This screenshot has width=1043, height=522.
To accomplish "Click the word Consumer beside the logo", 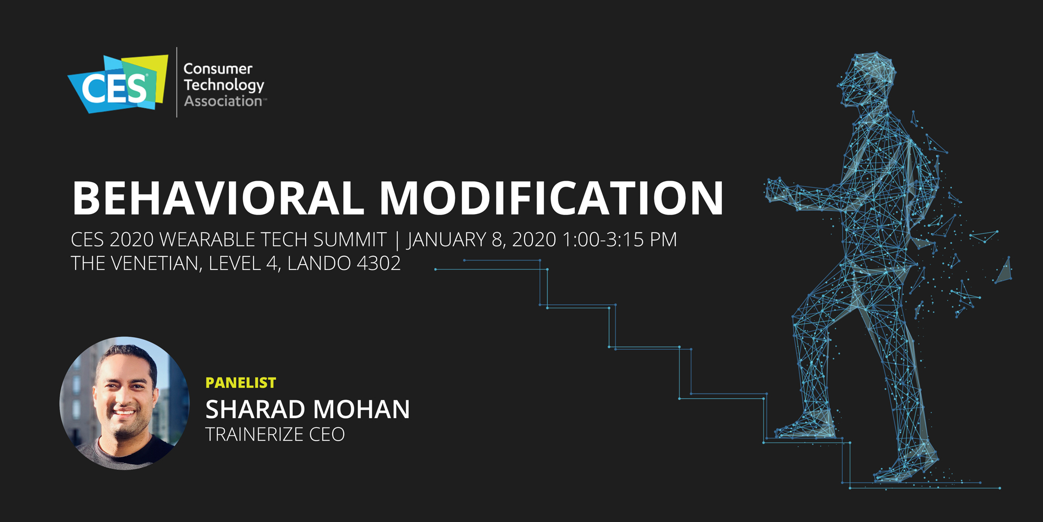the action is (218, 69).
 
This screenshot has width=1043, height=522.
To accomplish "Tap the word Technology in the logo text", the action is (224, 85).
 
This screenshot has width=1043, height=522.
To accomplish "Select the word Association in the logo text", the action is (223, 101).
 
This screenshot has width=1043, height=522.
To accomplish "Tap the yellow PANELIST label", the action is (240, 383).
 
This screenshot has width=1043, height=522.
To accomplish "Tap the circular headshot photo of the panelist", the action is (125, 403).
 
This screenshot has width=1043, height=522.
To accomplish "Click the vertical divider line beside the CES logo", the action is (177, 82).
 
